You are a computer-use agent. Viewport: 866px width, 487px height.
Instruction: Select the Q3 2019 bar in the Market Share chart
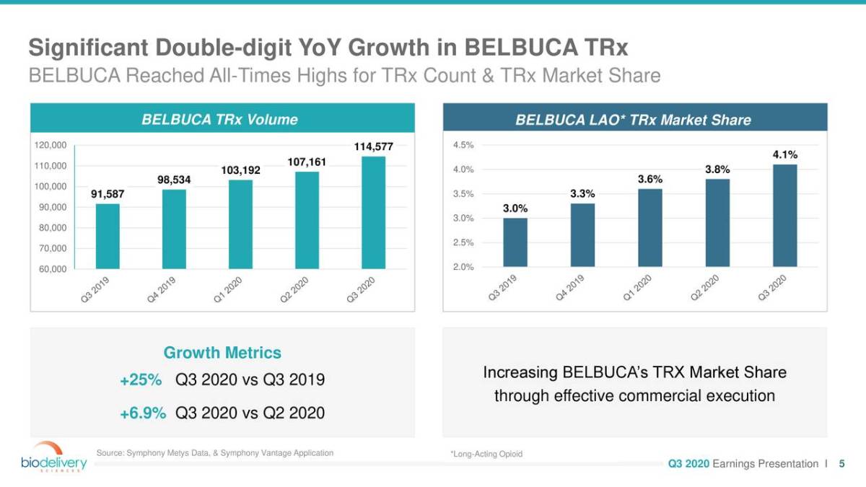[x=515, y=242]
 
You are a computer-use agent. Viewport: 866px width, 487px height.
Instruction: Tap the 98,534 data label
[x=174, y=180]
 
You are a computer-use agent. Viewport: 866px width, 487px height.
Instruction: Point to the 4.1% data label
[x=785, y=154]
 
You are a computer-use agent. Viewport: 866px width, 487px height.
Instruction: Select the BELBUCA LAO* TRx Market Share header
[x=633, y=120]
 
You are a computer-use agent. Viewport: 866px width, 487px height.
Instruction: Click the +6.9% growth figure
[x=143, y=413]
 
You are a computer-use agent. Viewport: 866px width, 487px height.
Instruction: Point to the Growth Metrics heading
[x=222, y=353]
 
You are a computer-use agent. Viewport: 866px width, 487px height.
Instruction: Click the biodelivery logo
[x=53, y=456]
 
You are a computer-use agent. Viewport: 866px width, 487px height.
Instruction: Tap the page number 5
[x=841, y=464]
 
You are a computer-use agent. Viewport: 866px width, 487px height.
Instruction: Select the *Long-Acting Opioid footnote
[x=486, y=454]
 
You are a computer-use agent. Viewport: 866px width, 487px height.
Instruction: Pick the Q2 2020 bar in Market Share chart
[x=717, y=223]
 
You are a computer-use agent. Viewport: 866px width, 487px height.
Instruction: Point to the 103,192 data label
[x=240, y=170]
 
